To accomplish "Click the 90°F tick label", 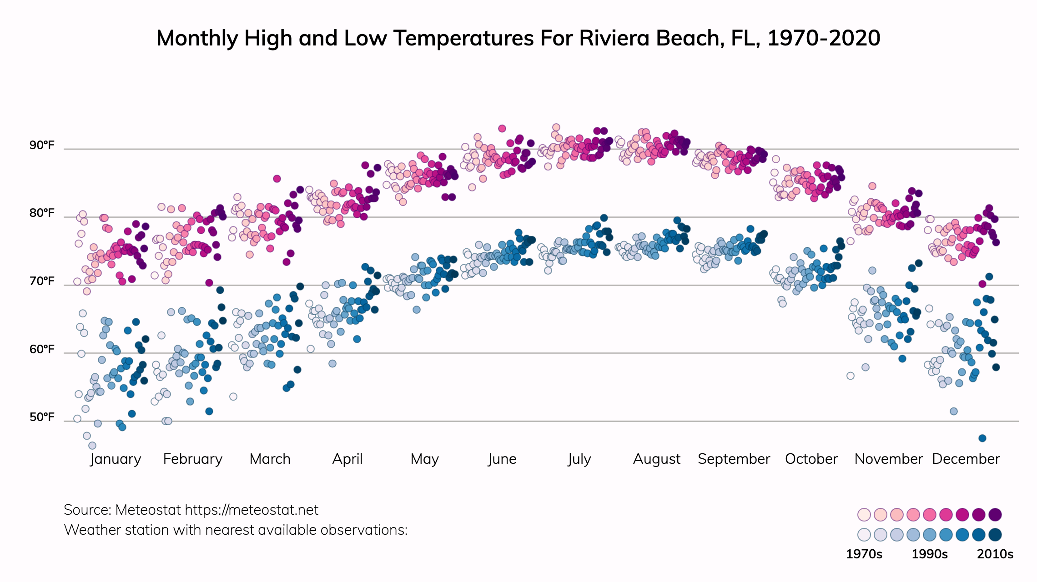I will click(x=42, y=145).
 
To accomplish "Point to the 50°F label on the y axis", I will click(x=42, y=417).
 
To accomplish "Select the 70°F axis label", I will click(x=42, y=281).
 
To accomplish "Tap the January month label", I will click(x=116, y=459).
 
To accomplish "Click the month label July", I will click(x=579, y=459).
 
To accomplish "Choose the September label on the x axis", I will click(x=734, y=459).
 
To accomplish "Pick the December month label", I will click(x=966, y=459).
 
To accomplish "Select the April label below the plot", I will click(x=347, y=459).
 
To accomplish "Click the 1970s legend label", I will click(x=864, y=554).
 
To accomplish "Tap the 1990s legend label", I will click(x=930, y=554).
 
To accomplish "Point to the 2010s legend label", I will click(x=995, y=554).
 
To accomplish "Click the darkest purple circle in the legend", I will click(x=995, y=515).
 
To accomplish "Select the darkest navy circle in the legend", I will click(x=995, y=535).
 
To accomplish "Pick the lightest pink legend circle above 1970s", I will click(x=864, y=515).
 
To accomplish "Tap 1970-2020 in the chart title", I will click(x=824, y=38).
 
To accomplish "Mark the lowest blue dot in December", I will click(x=982, y=438).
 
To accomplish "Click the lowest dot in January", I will click(x=92, y=446).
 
